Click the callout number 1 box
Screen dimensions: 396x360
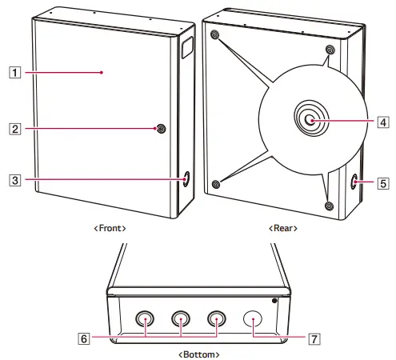click(x=14, y=72)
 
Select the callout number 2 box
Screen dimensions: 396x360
click(x=14, y=129)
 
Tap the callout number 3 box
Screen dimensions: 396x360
click(x=14, y=180)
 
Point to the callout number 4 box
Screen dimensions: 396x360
click(x=383, y=122)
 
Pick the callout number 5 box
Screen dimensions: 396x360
click(x=383, y=183)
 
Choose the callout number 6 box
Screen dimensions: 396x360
click(x=83, y=338)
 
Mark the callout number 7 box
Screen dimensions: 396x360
click(x=314, y=339)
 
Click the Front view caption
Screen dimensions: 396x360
click(x=110, y=228)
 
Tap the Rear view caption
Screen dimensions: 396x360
click(x=283, y=228)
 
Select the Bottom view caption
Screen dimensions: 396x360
click(x=198, y=354)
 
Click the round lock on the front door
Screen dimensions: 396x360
click(x=161, y=129)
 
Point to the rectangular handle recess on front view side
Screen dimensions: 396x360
click(x=187, y=47)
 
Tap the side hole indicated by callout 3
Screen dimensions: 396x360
click(x=186, y=179)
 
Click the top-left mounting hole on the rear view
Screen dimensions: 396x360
click(x=214, y=34)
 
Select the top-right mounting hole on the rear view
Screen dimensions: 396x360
click(x=330, y=50)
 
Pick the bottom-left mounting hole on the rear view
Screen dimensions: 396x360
click(x=216, y=184)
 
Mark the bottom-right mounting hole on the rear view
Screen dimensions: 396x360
click(x=330, y=206)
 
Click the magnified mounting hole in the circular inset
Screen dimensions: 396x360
click(x=311, y=118)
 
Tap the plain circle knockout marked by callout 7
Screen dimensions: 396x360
click(x=253, y=318)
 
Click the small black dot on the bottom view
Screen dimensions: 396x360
click(x=274, y=301)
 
